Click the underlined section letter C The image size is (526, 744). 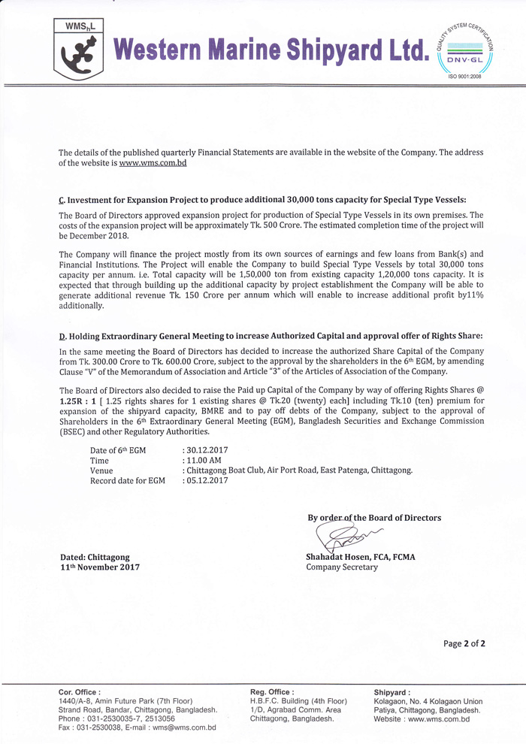61,200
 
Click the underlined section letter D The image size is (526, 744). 61,335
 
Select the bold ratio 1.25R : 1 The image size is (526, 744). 80,402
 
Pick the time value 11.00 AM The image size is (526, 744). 203,460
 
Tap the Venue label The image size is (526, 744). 101,470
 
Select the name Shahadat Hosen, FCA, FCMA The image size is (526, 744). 361,557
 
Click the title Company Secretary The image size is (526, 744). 342,567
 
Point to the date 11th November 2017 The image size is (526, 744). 99,567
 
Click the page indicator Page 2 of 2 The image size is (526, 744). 464,643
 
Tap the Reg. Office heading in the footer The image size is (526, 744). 272,692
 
